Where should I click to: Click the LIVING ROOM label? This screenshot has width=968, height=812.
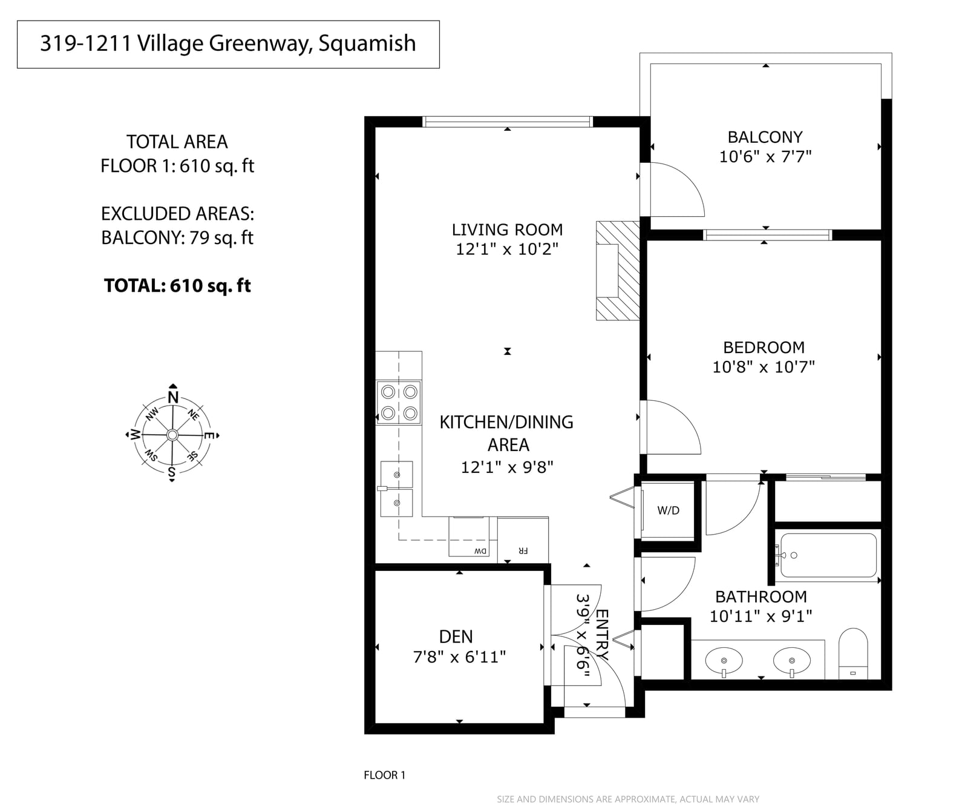[x=507, y=230]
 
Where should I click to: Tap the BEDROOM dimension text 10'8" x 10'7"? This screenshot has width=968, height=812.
[x=764, y=367]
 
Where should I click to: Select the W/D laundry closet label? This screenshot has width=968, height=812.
[x=669, y=510]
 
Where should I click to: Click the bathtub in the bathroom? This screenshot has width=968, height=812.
[x=828, y=555]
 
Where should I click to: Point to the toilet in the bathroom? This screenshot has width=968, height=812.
[x=853, y=653]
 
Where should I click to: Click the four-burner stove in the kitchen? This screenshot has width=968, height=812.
[x=399, y=403]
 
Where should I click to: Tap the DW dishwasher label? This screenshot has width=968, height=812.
[x=480, y=551]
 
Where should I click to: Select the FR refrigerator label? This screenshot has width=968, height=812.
[x=523, y=551]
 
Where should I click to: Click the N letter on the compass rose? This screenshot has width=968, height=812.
[x=174, y=398]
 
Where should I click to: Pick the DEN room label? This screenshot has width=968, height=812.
[x=456, y=636]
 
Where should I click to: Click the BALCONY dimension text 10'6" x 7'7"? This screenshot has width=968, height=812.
[x=765, y=157]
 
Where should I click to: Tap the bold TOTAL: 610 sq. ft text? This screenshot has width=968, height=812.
[x=177, y=286]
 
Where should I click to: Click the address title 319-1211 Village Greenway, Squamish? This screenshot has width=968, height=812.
[x=228, y=44]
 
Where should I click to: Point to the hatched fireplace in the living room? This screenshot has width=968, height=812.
[x=618, y=270]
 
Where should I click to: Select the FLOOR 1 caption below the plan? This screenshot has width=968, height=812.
[x=385, y=775]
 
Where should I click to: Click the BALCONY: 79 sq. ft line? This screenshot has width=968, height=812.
[x=177, y=238]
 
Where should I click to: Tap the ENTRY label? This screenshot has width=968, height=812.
[x=602, y=634]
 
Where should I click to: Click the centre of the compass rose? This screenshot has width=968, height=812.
[x=172, y=435]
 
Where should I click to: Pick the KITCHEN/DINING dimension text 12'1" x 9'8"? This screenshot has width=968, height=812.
[x=507, y=467]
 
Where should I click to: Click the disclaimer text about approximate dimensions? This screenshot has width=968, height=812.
[x=628, y=799]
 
